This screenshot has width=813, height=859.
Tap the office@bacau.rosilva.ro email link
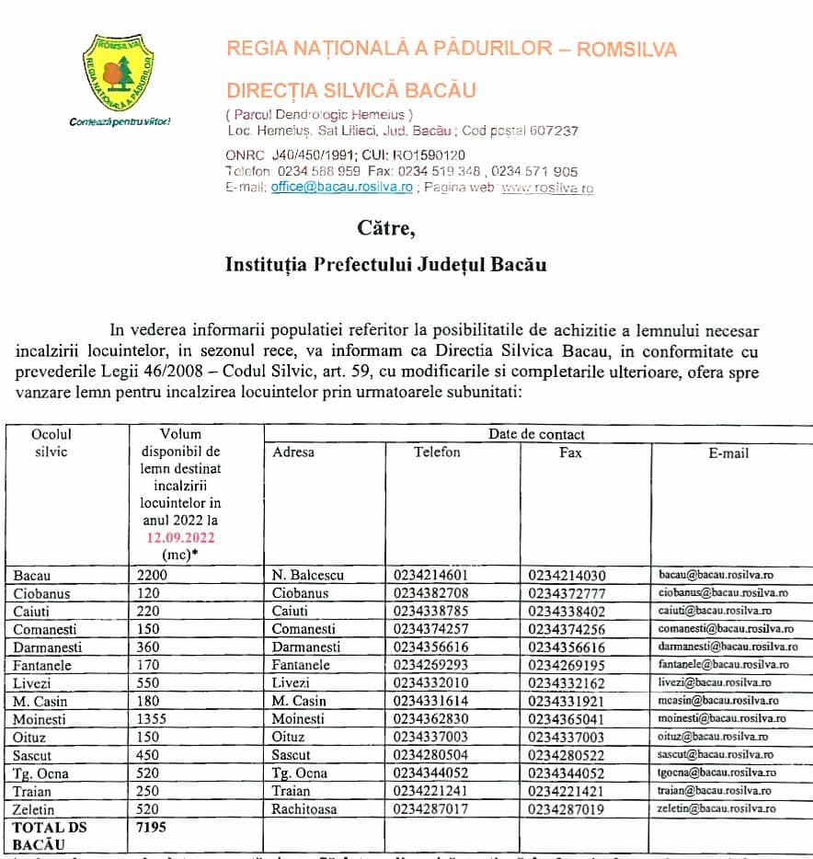click(x=341, y=187)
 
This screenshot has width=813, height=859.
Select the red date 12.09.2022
click(x=179, y=538)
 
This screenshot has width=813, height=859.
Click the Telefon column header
click(x=437, y=452)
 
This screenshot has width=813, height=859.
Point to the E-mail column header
click(x=728, y=453)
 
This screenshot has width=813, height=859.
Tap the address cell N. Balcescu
click(x=308, y=575)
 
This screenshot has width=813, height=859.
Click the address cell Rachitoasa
click(x=307, y=808)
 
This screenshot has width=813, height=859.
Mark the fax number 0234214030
click(x=567, y=575)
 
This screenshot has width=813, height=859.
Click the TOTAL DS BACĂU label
click(x=49, y=835)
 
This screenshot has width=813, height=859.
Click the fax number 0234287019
click(x=567, y=808)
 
